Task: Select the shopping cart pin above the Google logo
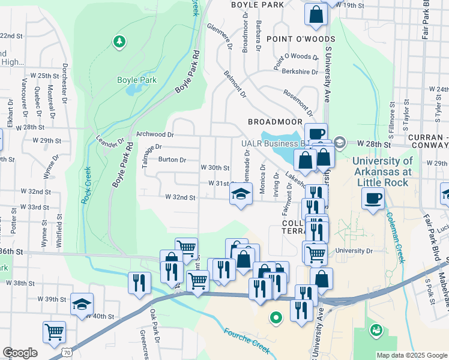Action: coord(54,331)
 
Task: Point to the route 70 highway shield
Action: coord(55,355)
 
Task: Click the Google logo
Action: coord(20,353)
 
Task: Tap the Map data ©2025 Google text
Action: coord(411,355)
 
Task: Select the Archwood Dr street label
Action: coord(155,135)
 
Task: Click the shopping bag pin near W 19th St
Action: coord(316,14)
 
